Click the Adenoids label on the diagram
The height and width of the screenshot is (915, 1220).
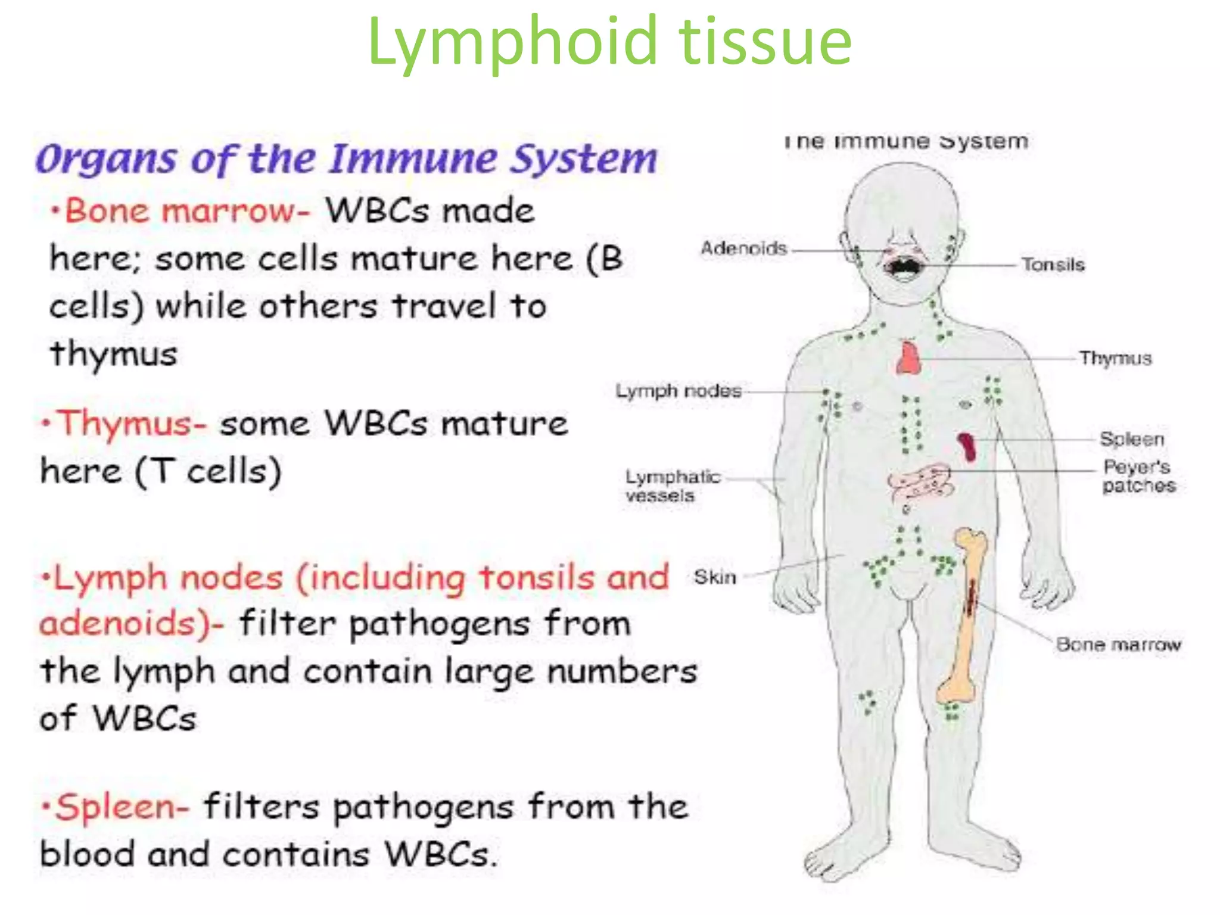743,248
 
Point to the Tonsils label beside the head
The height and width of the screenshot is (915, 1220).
1053,264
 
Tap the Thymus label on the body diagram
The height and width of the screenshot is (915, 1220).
1115,358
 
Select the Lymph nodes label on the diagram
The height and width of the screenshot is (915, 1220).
679,391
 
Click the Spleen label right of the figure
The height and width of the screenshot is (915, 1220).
1131,439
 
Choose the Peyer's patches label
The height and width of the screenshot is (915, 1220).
1138,476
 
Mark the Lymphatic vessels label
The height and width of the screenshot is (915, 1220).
672,486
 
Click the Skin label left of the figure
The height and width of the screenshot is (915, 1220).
715,577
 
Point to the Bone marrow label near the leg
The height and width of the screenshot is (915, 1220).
1118,645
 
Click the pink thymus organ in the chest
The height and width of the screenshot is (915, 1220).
908,359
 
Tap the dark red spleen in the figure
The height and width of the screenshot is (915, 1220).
967,447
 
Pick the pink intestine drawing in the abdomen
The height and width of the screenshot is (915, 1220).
920,483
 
